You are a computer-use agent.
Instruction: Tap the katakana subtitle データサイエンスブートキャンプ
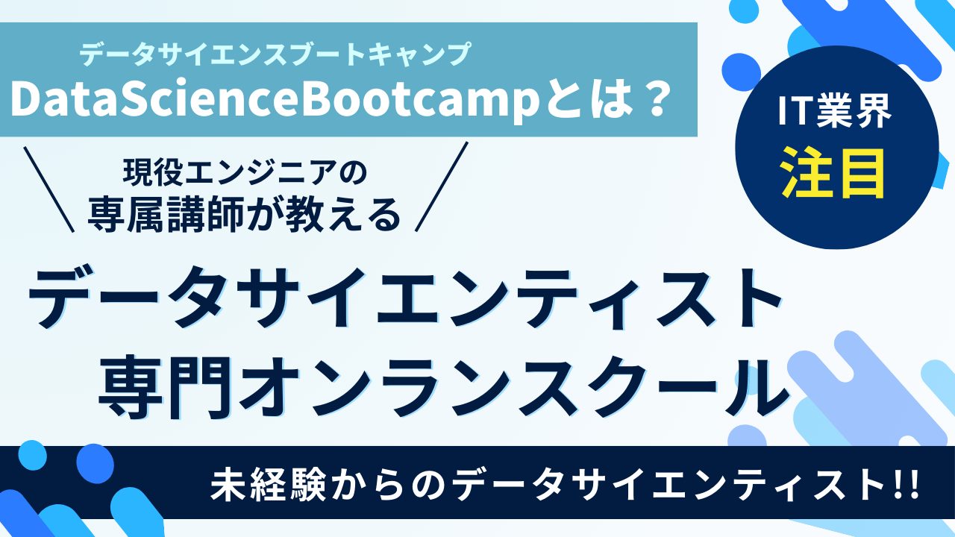(x=275, y=54)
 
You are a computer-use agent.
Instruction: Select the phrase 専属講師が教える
(x=245, y=216)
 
